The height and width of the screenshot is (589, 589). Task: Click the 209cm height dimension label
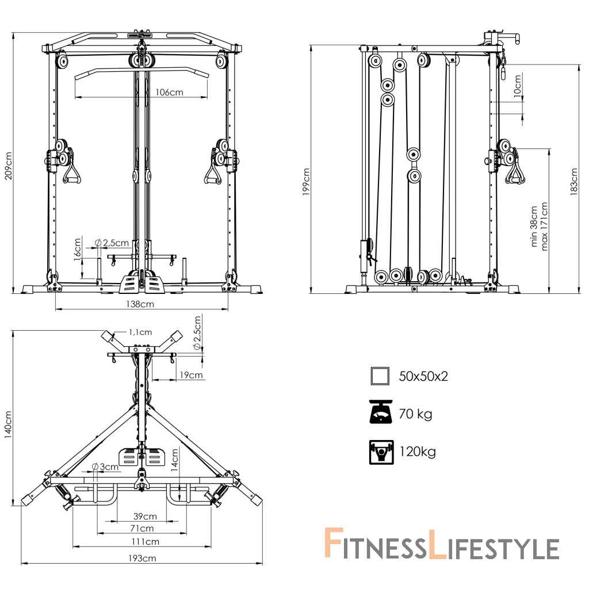[x=8, y=166]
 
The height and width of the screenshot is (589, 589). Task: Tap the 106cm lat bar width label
[x=170, y=92]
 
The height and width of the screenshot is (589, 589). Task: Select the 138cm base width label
[x=140, y=304]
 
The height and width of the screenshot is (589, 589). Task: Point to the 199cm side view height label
[x=306, y=182]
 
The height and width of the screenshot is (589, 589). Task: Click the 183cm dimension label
[x=573, y=182]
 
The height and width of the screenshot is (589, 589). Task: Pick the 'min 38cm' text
[x=534, y=226]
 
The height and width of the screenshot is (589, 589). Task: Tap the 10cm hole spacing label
[x=517, y=86]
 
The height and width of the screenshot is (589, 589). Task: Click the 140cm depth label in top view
[x=8, y=424]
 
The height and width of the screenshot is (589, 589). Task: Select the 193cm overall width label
[x=142, y=558]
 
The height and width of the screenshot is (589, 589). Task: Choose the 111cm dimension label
[x=146, y=542]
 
